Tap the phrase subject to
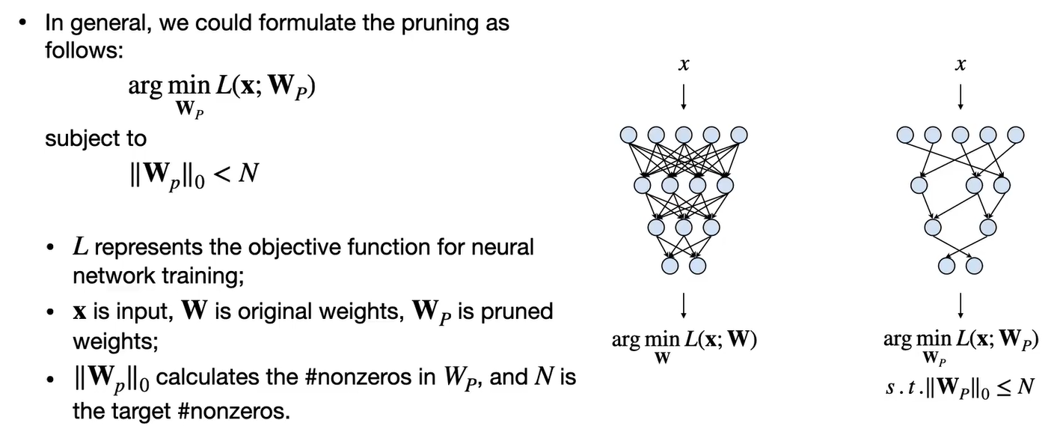tap(96, 139)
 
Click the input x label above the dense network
tap(683, 66)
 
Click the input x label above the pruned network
tap(960, 66)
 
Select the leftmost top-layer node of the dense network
tap(628, 135)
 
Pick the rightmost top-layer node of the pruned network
tap(1015, 135)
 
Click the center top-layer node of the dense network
tap(684, 135)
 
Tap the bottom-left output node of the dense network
tap(670, 265)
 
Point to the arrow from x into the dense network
tap(683, 95)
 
